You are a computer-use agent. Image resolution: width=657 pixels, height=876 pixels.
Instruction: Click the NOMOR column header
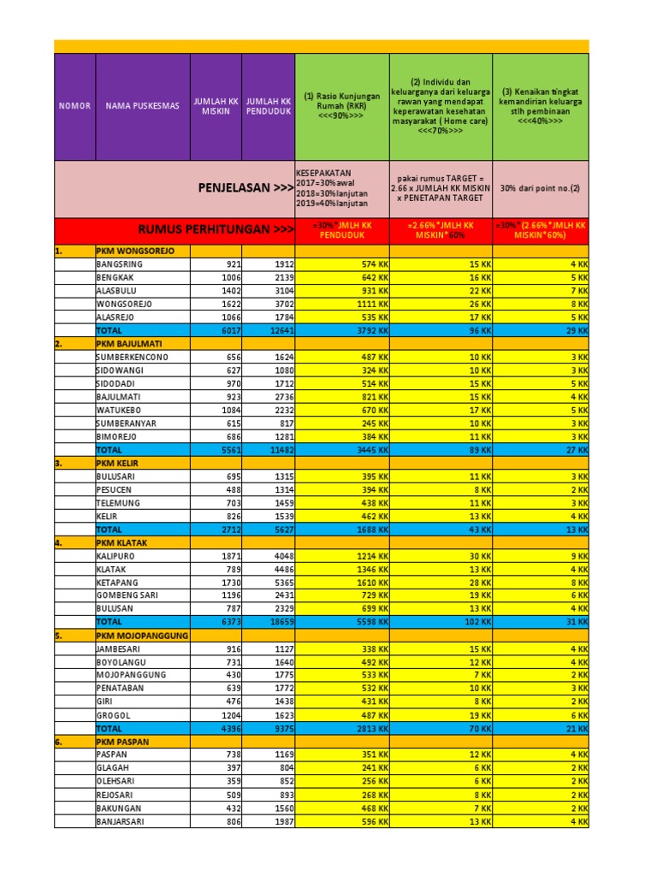(x=74, y=106)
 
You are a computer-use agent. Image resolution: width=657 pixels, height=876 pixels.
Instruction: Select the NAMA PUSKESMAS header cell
(x=142, y=106)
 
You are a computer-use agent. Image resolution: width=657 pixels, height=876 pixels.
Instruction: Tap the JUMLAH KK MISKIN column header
(x=216, y=106)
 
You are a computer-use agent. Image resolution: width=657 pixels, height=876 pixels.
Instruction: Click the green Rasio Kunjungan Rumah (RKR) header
(x=341, y=106)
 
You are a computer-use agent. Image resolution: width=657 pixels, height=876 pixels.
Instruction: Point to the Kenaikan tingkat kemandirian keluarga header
(x=541, y=106)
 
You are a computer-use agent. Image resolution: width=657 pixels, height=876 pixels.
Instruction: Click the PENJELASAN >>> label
(x=246, y=187)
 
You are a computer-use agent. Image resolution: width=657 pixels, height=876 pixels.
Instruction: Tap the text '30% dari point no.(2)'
(x=541, y=187)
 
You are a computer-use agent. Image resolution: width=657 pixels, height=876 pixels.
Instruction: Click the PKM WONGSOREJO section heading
(x=135, y=252)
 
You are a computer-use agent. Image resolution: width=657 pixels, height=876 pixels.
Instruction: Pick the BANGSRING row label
(x=119, y=265)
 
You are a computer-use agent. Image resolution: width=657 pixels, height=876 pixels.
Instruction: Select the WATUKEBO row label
(x=118, y=410)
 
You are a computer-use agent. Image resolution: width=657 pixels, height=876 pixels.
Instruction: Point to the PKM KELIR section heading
(x=118, y=463)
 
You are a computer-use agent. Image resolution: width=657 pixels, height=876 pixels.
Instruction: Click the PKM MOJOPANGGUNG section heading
(x=142, y=636)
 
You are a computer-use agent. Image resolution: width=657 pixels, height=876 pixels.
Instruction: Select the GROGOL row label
(x=113, y=714)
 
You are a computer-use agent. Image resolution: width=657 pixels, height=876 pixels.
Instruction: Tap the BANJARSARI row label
(x=120, y=821)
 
